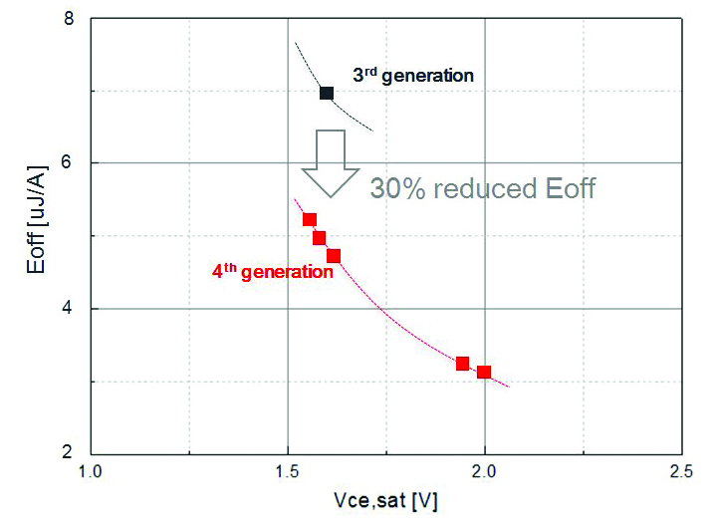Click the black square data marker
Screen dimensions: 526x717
pos(326,93)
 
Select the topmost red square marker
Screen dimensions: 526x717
pos(310,220)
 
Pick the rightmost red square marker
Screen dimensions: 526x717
pos(484,372)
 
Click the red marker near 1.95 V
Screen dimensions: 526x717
pos(462,364)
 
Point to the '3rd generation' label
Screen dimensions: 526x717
pos(412,75)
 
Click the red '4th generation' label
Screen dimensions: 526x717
pos(272,271)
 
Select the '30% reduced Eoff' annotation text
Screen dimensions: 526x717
pos(482,188)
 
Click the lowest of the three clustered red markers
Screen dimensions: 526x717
pos(334,256)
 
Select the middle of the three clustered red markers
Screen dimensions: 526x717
pos(320,238)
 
